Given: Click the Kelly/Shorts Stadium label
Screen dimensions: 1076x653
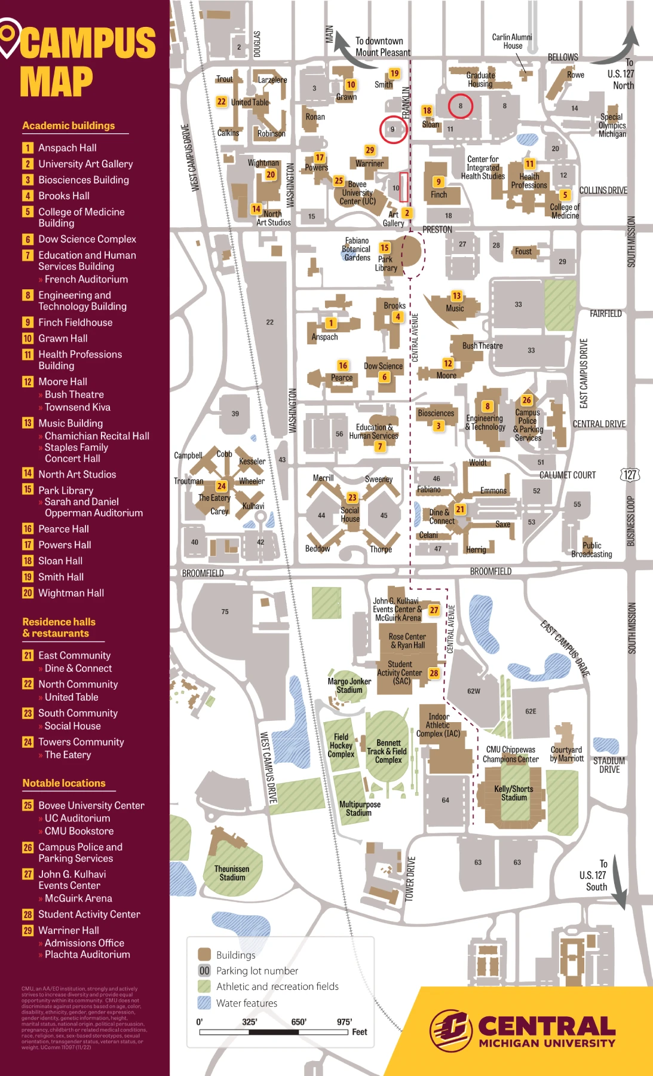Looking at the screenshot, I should tap(514, 793).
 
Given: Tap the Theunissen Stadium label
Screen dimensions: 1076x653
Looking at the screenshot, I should tap(232, 873).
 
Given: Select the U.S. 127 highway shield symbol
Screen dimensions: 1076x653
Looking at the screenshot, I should tap(630, 475).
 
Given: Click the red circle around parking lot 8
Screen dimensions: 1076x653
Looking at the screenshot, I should tap(461, 106).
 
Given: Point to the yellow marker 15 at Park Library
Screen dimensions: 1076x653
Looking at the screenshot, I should tap(384, 247).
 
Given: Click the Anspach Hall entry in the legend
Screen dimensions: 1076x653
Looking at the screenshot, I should tap(67, 148).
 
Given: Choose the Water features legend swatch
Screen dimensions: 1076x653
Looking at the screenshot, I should tap(204, 1003).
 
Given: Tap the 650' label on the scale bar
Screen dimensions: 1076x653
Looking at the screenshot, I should tap(299, 1022).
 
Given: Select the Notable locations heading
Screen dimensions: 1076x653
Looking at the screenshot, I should tap(64, 783).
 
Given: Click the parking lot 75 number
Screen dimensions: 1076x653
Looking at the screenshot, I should tap(225, 612).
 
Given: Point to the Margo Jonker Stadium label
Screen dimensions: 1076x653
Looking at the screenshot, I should tap(350, 686).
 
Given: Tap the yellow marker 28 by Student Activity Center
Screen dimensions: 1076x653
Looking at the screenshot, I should tap(434, 673).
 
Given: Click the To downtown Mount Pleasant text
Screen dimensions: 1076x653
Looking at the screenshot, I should tap(382, 47).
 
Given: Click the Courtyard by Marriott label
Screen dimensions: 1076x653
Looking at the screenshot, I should tap(566, 754).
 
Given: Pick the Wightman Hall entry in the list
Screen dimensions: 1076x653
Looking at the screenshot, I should tap(70, 593).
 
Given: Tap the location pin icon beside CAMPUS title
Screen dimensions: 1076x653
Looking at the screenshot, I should tap(9, 37).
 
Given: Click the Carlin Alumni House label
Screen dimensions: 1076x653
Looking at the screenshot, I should tap(512, 41).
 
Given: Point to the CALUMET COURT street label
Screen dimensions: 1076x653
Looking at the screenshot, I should tap(567, 475).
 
